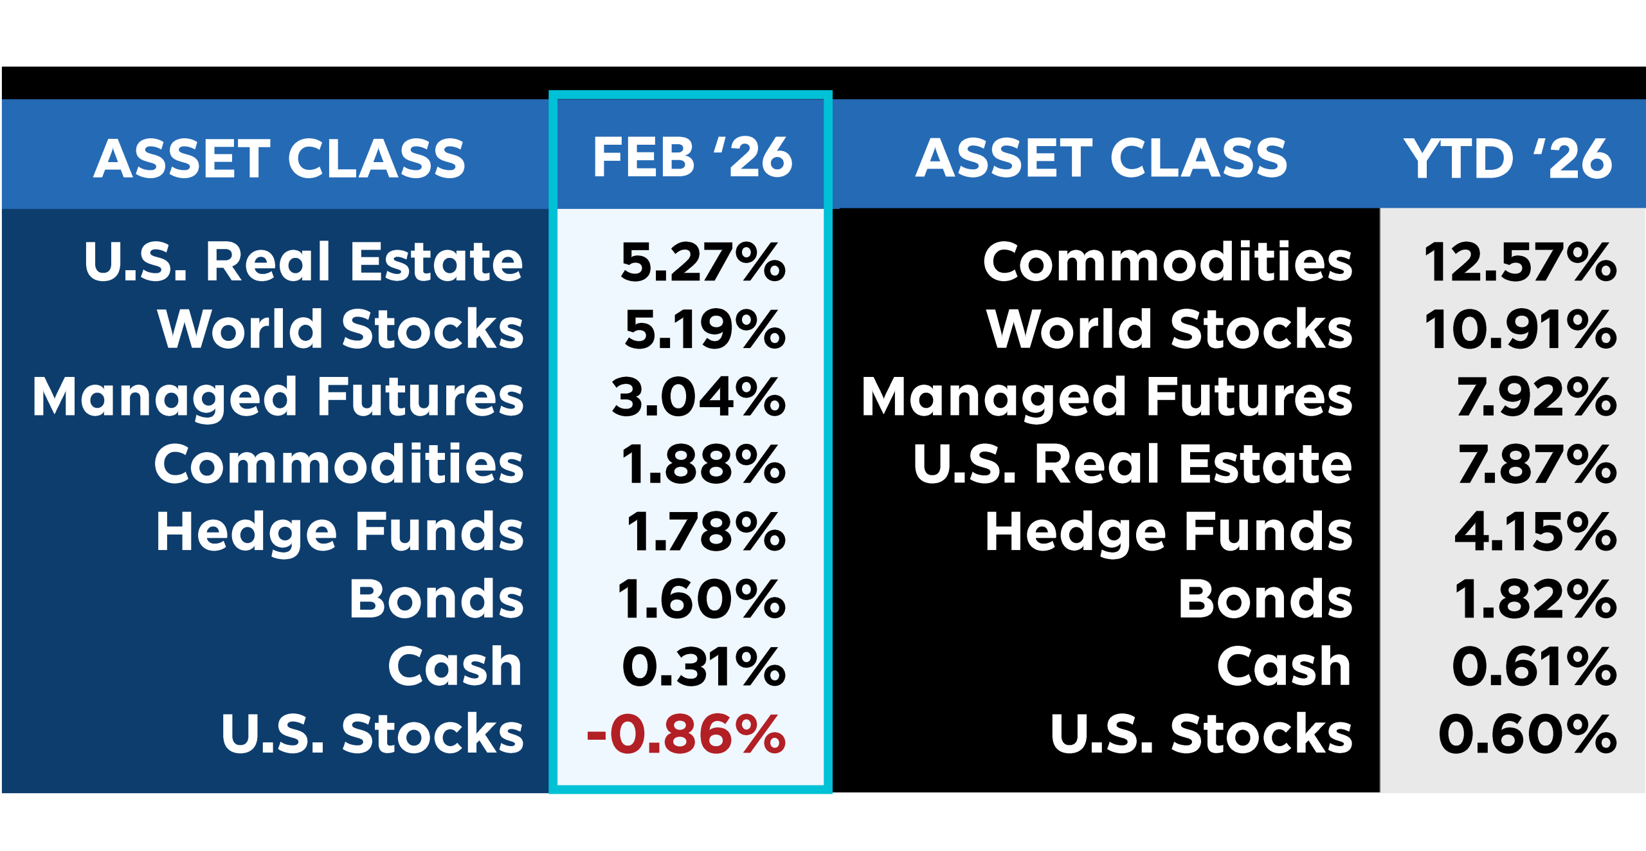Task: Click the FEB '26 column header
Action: click(x=692, y=158)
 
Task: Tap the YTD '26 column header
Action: click(x=1508, y=159)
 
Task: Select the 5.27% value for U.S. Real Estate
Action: click(x=703, y=262)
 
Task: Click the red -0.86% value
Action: click(x=686, y=734)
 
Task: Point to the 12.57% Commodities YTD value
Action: click(x=1520, y=262)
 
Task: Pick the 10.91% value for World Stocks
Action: click(x=1520, y=329)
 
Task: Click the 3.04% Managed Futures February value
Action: click(x=698, y=397)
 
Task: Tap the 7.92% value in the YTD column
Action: click(x=1536, y=397)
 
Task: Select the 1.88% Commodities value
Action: click(x=703, y=464)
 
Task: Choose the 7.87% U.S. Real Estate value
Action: click(x=1537, y=464)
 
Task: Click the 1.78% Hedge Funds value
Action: click(x=705, y=532)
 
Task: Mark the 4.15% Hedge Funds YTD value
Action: click(x=1535, y=532)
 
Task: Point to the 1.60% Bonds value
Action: click(x=701, y=599)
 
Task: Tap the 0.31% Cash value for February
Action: click(x=703, y=666)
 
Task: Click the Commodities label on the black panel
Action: click(x=1168, y=262)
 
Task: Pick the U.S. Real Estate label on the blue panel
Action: click(x=303, y=262)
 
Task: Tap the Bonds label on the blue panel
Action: click(x=437, y=599)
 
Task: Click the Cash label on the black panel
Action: click(x=1284, y=666)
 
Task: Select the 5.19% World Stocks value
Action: click(x=705, y=329)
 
